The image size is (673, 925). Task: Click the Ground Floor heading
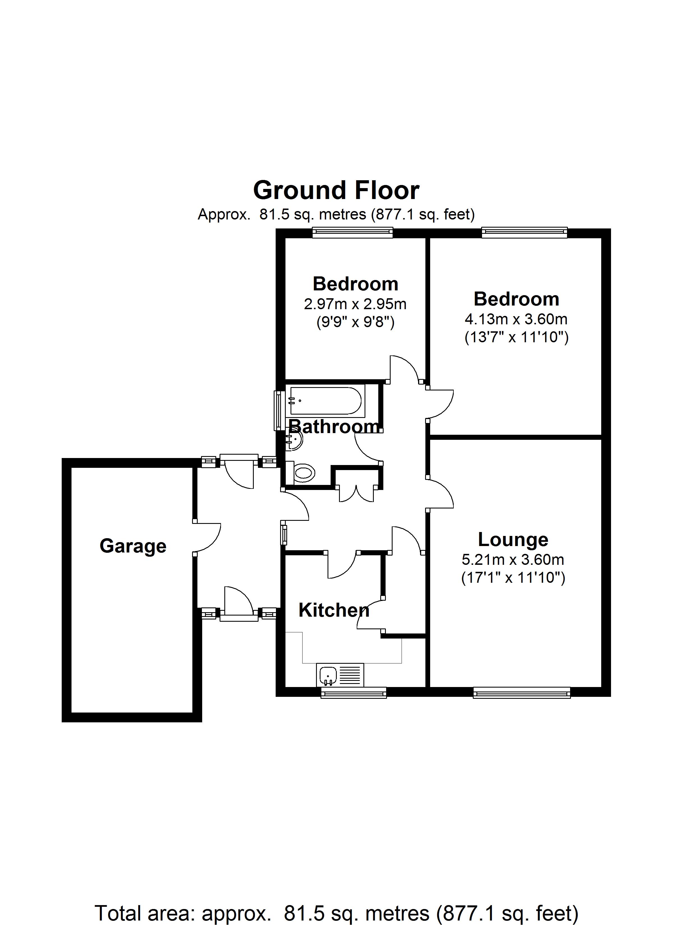tap(336, 190)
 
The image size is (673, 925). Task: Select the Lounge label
tap(513, 540)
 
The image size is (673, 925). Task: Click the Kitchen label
tap(334, 610)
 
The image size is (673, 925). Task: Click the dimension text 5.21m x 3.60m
tap(513, 559)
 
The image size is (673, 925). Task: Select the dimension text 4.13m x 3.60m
tap(516, 319)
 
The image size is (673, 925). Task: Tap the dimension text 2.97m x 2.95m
tap(355, 304)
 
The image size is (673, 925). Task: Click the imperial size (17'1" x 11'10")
tap(513, 578)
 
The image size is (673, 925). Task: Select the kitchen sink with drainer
tap(340, 675)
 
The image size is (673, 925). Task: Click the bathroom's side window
tap(279, 410)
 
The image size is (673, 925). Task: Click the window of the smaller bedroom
tap(352, 232)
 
